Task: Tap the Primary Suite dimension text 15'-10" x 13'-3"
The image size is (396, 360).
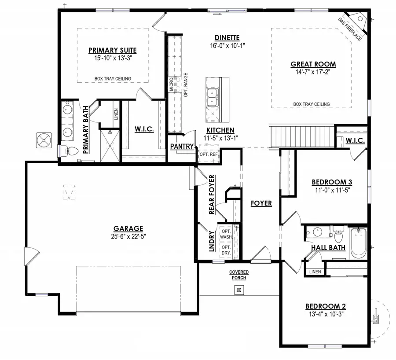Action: (x=112, y=58)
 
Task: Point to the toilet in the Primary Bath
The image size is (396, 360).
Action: (x=70, y=151)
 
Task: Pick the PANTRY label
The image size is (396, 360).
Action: (x=182, y=146)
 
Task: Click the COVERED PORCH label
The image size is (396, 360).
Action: (x=238, y=275)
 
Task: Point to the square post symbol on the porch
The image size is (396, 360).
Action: (x=238, y=290)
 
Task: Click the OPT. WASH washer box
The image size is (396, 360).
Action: (x=227, y=235)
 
